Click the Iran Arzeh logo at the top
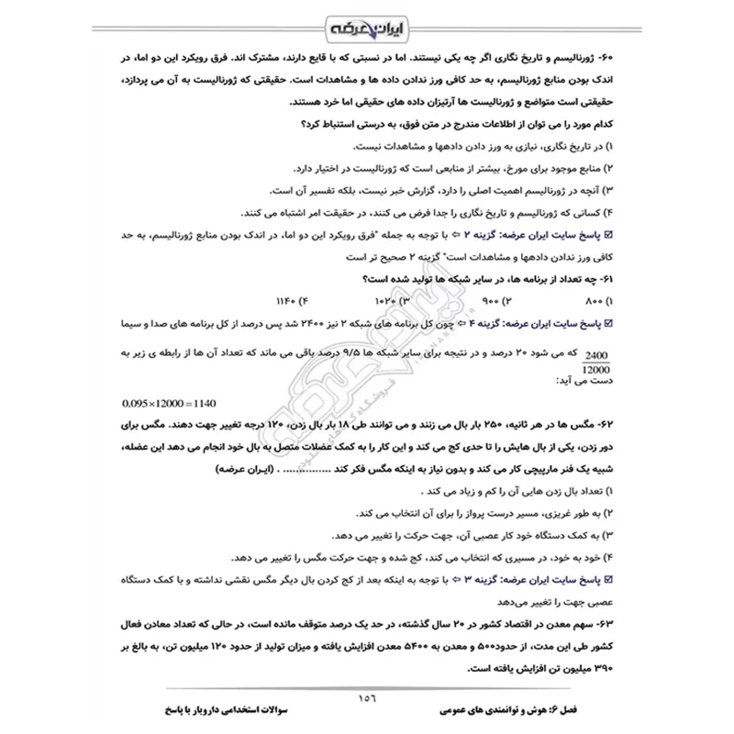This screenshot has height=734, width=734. click(367, 26)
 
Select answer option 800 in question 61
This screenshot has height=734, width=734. click(595, 301)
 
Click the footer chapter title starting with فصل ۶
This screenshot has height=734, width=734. click(523, 710)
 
